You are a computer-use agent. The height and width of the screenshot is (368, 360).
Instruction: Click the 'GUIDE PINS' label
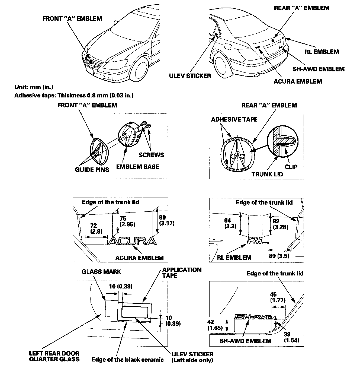[92, 169]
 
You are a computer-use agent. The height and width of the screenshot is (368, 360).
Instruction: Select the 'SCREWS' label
[151, 155]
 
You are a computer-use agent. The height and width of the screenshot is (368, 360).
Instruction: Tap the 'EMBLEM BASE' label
[137, 166]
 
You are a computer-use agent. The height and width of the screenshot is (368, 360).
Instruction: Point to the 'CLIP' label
[291, 167]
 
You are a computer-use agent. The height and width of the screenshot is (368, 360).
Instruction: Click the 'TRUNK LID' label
[267, 174]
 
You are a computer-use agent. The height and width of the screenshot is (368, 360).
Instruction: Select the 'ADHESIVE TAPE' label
[234, 119]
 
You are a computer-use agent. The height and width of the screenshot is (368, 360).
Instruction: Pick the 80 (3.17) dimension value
[166, 220]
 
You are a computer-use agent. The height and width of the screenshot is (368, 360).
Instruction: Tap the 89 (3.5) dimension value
[279, 256]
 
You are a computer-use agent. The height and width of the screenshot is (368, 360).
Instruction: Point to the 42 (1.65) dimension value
[215, 325]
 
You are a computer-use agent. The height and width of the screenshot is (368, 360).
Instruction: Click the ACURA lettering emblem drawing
[132, 241]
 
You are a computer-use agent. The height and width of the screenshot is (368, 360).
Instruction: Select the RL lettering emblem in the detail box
[257, 240]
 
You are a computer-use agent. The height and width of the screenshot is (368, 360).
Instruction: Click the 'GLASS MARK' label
[101, 272]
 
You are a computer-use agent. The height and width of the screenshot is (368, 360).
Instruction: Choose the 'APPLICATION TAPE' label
[182, 273]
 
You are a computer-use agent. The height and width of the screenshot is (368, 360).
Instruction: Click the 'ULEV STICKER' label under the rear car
[190, 76]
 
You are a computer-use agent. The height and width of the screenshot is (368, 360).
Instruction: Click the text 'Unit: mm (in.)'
[34, 87]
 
